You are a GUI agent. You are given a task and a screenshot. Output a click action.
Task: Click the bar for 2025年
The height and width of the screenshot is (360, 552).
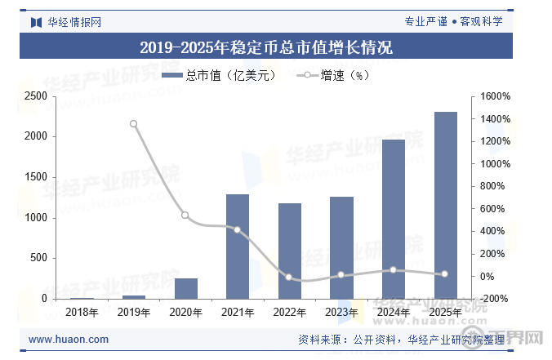[445, 206]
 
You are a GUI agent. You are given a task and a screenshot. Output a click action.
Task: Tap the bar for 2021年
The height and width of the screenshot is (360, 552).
[238, 247]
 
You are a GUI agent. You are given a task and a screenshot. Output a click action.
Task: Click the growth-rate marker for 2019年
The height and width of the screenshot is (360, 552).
[134, 124]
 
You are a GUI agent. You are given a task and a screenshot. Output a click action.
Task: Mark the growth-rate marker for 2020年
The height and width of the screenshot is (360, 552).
[185, 216]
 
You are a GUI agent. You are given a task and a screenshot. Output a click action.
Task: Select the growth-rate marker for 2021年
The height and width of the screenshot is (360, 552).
[238, 230]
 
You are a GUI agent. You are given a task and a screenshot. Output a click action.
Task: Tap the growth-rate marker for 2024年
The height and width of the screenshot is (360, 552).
[394, 270]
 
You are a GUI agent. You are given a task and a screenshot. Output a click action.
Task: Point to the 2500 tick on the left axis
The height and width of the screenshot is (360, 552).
[35, 96]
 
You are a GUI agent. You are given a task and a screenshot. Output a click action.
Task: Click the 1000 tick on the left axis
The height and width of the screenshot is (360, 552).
[35, 218]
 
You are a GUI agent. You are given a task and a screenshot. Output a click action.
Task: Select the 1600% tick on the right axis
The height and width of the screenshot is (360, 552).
[495, 96]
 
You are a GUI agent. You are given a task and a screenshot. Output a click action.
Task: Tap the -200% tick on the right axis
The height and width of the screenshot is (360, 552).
[495, 299]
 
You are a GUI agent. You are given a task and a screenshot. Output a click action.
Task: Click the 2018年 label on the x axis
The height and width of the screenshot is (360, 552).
[82, 312]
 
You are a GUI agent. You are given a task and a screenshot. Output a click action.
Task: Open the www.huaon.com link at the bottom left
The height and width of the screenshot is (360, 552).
[69, 340]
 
